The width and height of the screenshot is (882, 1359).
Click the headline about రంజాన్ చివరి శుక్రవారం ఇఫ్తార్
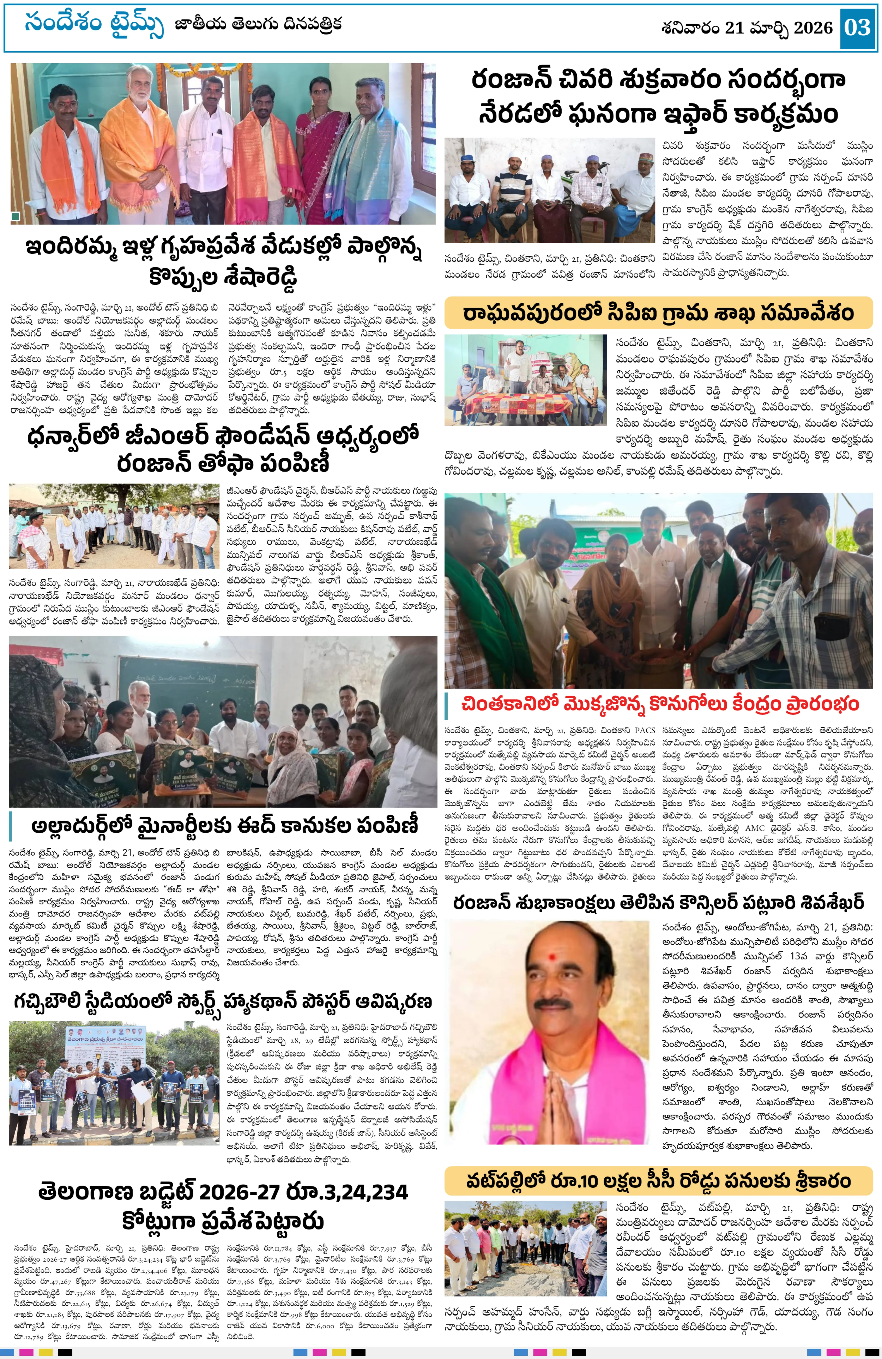click(x=658, y=97)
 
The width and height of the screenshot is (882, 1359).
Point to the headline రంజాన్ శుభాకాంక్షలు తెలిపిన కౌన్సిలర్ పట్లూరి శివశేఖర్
click(x=658, y=903)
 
